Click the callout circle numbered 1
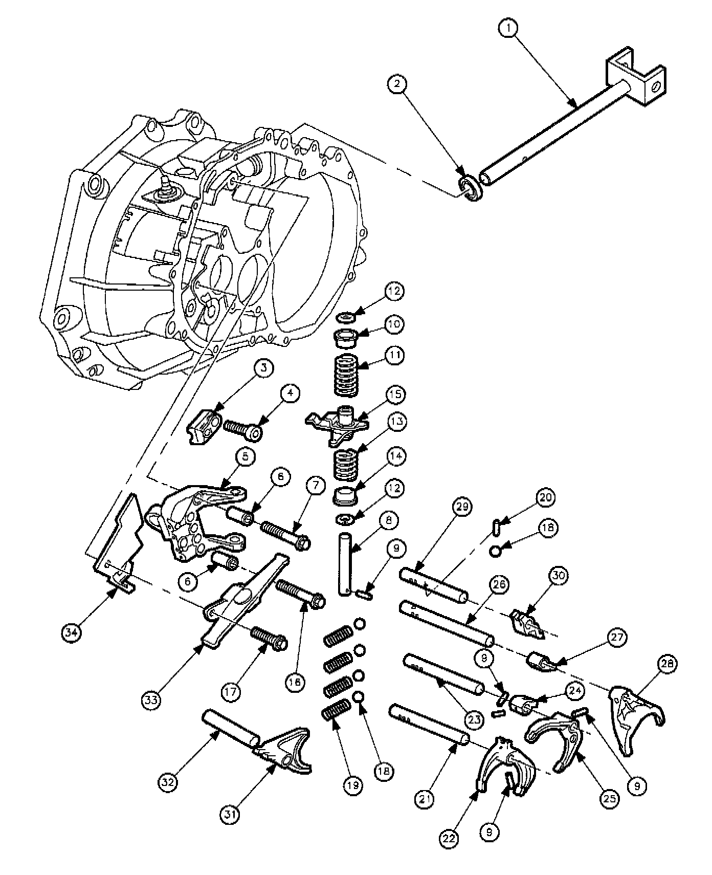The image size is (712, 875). pyautogui.click(x=508, y=29)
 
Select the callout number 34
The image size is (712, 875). pyautogui.click(x=71, y=632)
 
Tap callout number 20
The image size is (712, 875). pyautogui.click(x=545, y=497)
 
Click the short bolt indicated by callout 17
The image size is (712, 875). pyautogui.click(x=269, y=639)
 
